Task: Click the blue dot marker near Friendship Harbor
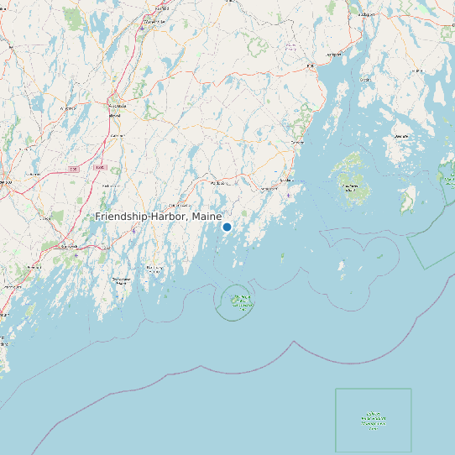click(x=227, y=227)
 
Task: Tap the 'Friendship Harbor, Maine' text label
click(x=159, y=217)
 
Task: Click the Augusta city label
click(x=117, y=106)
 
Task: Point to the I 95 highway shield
click(x=74, y=169)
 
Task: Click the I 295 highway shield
click(x=100, y=167)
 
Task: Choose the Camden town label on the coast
click(x=296, y=143)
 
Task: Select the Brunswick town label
click(x=70, y=248)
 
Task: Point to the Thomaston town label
click(x=269, y=189)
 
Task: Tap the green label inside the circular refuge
click(x=241, y=301)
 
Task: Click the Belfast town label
click(x=310, y=65)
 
